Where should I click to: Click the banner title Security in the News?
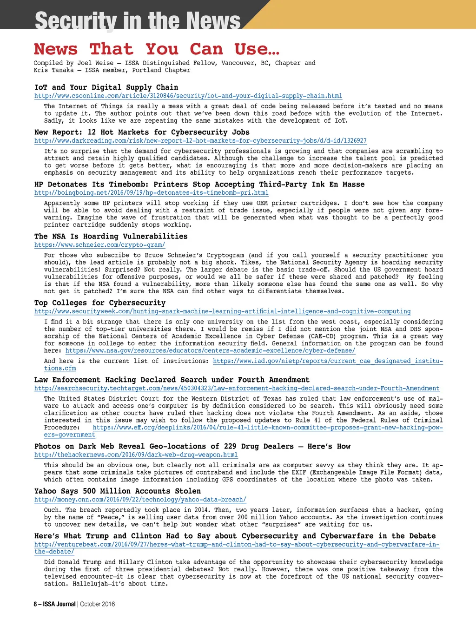coord(138,20)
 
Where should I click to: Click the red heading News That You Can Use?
coord(157,49)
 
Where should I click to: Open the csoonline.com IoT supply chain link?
coord(188,96)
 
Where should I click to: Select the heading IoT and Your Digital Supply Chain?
coord(106,87)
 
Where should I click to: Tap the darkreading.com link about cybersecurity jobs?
coord(200,140)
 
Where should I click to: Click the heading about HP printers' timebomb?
coord(199,185)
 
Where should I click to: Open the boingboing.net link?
coord(151,192)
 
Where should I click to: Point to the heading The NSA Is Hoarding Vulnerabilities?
coord(111,237)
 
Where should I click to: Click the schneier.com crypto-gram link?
coord(99,244)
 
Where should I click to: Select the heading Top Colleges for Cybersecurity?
coord(99,303)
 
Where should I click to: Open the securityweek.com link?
coord(222,311)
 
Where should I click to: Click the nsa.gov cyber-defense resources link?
coord(210,351)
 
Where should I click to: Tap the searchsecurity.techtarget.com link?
coord(237,388)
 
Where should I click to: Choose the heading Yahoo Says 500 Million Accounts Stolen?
coord(117,491)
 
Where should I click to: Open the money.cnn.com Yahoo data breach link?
coord(140,500)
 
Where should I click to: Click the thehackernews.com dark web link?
coord(136,455)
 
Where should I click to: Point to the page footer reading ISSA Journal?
coord(59,604)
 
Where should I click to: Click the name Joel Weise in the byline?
coord(95,63)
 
